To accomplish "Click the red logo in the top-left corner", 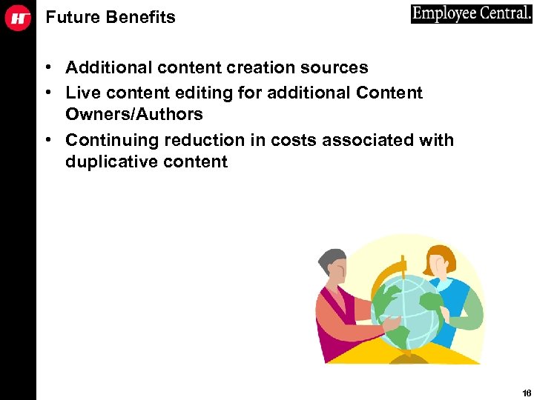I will [18, 18].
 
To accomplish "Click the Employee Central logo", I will [471, 14].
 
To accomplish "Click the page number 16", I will [526, 393].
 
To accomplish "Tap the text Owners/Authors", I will [133, 114].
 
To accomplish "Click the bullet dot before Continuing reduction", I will [47, 141].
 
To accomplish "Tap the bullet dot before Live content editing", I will [47, 93].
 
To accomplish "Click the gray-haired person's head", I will [332, 263].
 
